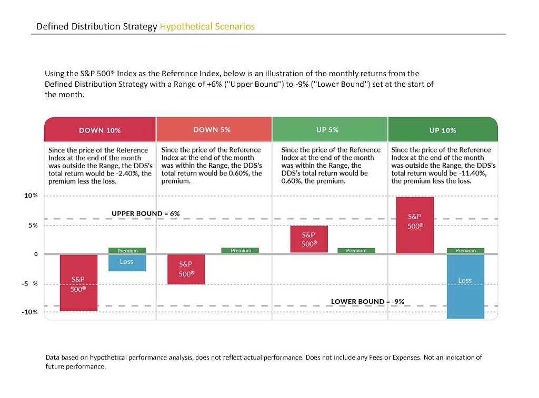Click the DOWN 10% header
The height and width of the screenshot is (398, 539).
tap(100, 130)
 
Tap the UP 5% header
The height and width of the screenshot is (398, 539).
tap(327, 129)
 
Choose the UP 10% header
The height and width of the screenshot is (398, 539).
tap(443, 130)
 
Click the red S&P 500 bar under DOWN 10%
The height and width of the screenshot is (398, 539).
tap(78, 283)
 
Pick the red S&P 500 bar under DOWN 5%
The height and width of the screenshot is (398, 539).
tap(186, 269)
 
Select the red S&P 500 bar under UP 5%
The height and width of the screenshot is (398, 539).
tap(309, 239)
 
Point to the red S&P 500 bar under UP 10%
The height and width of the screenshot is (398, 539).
tap(415, 225)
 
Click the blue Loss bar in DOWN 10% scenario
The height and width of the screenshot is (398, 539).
tap(127, 263)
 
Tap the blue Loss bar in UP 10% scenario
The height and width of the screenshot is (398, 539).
tap(465, 287)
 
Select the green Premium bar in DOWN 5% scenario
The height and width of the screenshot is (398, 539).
tap(241, 251)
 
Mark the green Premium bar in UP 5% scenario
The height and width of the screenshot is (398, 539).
tap(356, 251)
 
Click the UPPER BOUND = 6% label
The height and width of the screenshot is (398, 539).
tap(146, 213)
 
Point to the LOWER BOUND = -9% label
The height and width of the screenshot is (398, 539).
tap(367, 301)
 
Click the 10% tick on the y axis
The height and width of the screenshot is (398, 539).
tap(32, 196)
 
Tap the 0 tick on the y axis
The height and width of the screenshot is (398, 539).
tap(36, 254)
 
